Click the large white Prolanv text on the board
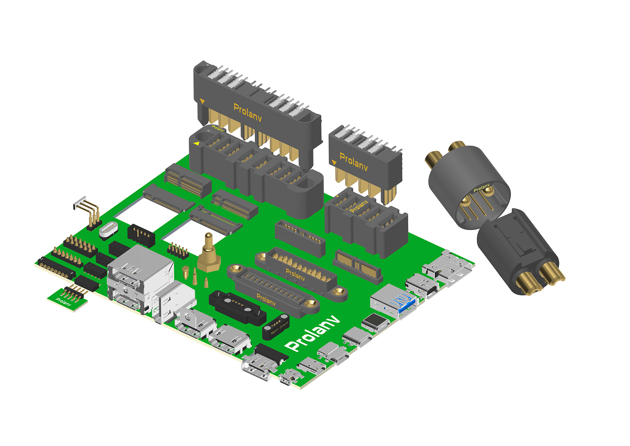click(313, 334)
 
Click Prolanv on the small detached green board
click(63, 302)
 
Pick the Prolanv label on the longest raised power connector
click(247, 112)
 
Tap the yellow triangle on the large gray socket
click(197, 143)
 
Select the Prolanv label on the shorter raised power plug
click(353, 162)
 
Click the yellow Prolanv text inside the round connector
click(481, 188)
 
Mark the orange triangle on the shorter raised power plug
click(334, 163)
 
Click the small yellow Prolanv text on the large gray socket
click(218, 128)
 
